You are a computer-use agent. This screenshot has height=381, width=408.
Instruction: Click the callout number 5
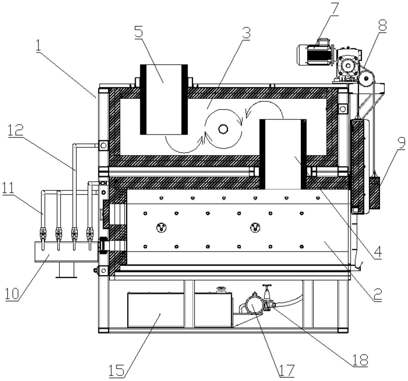point(139,31)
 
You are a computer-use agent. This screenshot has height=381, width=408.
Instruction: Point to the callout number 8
point(382,25)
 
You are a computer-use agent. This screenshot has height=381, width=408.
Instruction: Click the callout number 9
point(401,143)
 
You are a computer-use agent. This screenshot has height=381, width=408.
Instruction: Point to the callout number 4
point(378,252)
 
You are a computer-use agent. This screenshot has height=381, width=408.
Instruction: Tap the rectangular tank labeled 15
point(156,310)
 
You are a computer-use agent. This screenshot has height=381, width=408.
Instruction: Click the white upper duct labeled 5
point(164,100)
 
